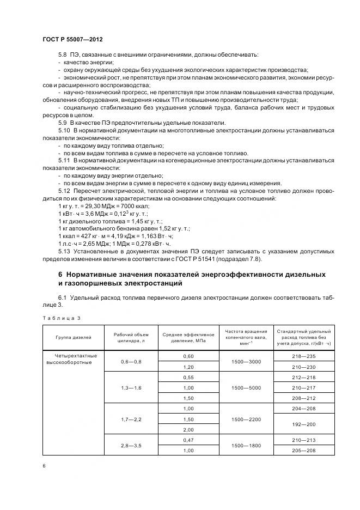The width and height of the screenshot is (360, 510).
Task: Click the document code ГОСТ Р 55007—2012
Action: (x=72, y=40)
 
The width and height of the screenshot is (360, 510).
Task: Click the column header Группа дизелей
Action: (x=70, y=338)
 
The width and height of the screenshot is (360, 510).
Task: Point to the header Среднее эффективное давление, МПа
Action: (x=188, y=338)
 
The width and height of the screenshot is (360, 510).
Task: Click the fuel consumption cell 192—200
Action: (x=303, y=424)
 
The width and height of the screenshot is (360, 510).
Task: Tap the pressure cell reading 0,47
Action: (x=188, y=440)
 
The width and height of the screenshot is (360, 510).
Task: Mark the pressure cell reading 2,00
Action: (x=188, y=429)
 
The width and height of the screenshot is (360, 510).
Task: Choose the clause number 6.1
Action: (x=62, y=298)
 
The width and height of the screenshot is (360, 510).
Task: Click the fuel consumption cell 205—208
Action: (x=303, y=451)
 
